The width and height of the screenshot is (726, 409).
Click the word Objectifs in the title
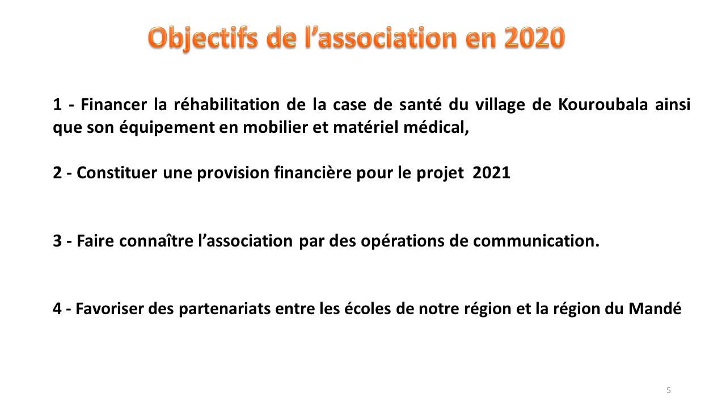click(203, 38)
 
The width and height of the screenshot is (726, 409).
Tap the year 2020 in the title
click(534, 37)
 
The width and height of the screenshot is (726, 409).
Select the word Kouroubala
click(603, 105)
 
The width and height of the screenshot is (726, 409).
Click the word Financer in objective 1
click(114, 105)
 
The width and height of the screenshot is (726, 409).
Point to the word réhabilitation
click(226, 105)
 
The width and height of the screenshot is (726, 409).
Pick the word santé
click(420, 105)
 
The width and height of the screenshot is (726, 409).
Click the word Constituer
click(117, 173)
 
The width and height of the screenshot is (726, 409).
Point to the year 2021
click(491, 173)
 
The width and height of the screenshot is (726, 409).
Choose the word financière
click(313, 172)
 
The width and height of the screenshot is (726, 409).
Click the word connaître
click(156, 241)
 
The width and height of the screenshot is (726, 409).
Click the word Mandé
click(655, 308)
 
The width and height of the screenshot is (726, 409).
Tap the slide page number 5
click(669, 390)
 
